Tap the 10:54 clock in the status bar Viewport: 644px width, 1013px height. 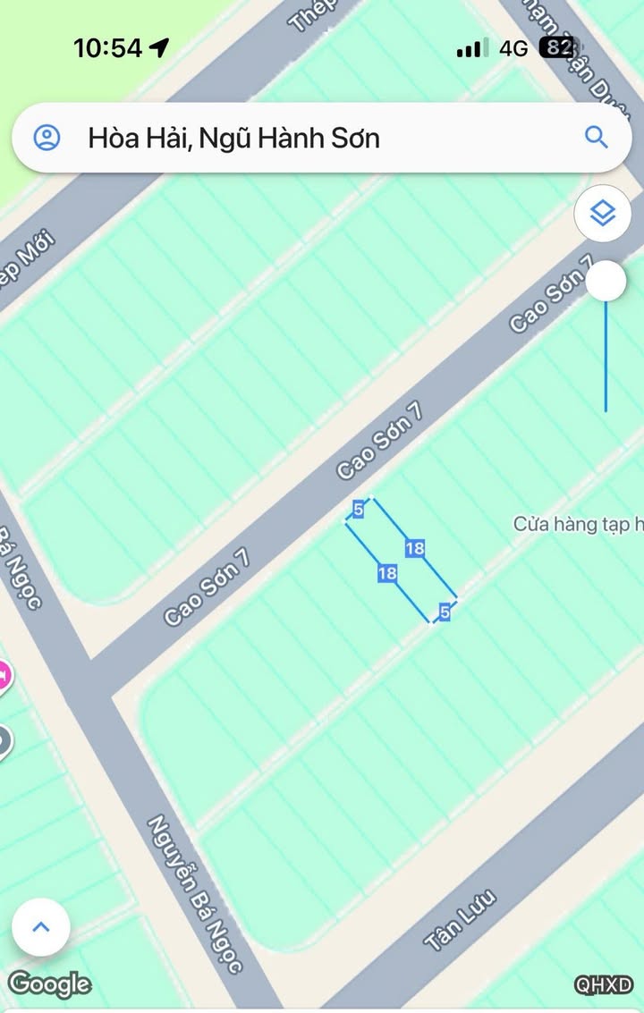click(x=107, y=48)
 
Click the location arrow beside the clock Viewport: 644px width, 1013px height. click(x=158, y=47)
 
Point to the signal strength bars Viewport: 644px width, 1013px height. click(x=471, y=48)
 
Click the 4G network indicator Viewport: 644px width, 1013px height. click(x=513, y=48)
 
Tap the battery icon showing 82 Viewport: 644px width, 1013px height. click(x=557, y=47)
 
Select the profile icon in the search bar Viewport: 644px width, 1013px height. click(x=47, y=138)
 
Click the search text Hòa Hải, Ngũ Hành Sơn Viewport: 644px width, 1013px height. click(x=233, y=138)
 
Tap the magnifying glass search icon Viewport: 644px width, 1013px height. click(x=596, y=137)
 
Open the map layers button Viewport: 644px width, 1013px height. click(x=603, y=213)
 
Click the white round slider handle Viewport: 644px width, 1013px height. click(x=606, y=282)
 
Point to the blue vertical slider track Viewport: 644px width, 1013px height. click(x=606, y=358)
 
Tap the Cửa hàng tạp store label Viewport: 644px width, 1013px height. click(x=578, y=524)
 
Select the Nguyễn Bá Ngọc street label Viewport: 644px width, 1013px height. click(x=195, y=893)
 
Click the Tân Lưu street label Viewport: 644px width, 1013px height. click(x=460, y=921)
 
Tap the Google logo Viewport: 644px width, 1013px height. click(x=49, y=984)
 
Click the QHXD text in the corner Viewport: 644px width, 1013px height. click(x=604, y=985)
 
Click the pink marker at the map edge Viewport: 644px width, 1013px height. click(x=4, y=674)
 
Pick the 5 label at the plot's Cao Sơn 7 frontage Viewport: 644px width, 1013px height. click(x=358, y=510)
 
